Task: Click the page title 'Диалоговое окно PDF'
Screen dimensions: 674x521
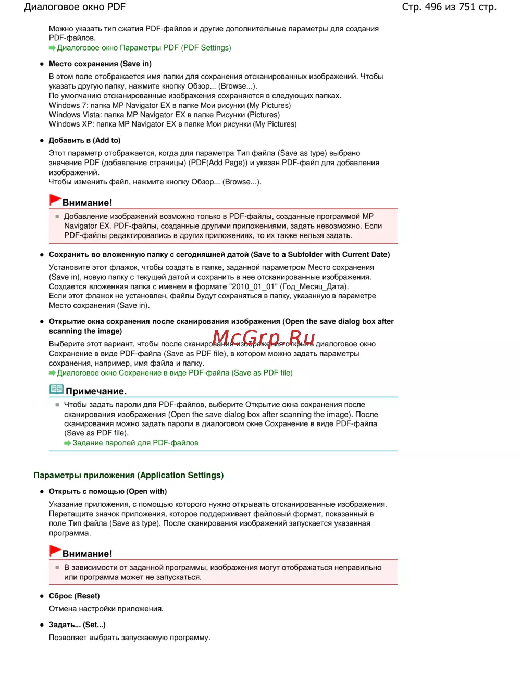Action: tap(75, 7)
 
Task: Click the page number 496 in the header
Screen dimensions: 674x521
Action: tap(433, 7)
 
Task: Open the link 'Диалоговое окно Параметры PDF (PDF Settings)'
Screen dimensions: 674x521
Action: tap(144, 48)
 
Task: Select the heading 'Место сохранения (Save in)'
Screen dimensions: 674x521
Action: tap(100, 64)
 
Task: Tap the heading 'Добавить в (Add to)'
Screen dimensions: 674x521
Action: tap(84, 140)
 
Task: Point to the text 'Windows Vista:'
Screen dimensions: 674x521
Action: tap(75, 115)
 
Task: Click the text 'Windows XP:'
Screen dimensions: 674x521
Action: tap(71, 124)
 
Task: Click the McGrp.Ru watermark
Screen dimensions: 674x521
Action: tap(264, 338)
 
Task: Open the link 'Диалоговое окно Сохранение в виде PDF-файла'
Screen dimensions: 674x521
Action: tap(175, 373)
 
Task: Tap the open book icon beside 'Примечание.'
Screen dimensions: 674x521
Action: tap(56, 389)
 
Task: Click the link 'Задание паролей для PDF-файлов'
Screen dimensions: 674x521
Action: tap(135, 443)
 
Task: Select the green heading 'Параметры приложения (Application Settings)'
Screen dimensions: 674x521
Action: tap(129, 475)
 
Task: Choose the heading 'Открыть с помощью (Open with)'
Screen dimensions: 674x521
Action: tap(108, 491)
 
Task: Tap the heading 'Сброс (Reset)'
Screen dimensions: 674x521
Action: tap(74, 596)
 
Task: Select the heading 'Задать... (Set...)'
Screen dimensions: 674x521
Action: tap(77, 625)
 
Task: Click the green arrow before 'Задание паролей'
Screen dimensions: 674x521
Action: tap(67, 443)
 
